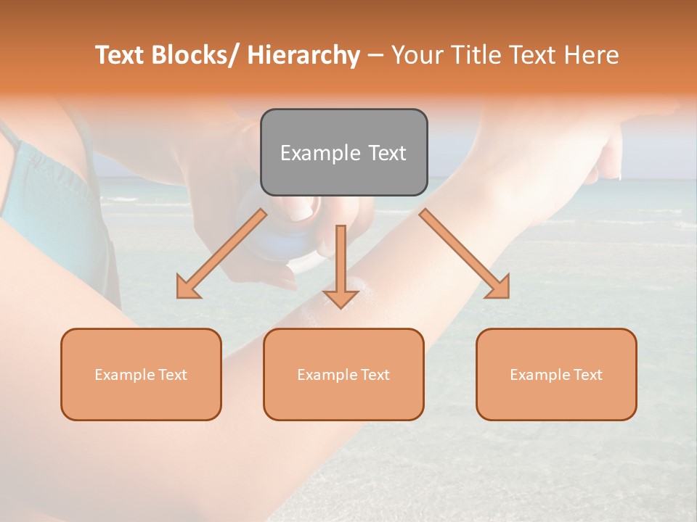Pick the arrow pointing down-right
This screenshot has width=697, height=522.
tap(465, 254)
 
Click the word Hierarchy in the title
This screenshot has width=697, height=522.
tap(303, 56)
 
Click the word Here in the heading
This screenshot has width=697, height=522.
tap(592, 55)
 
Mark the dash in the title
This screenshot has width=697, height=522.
tap(375, 56)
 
